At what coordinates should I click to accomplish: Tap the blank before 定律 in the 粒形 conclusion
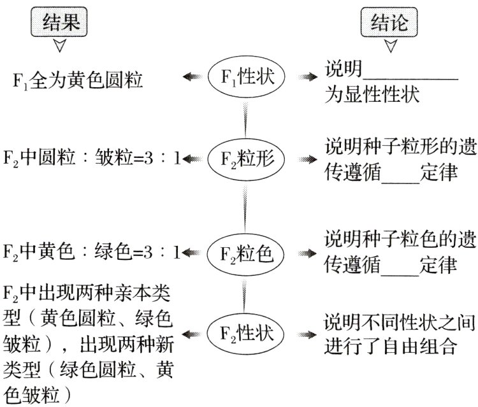[402, 175]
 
